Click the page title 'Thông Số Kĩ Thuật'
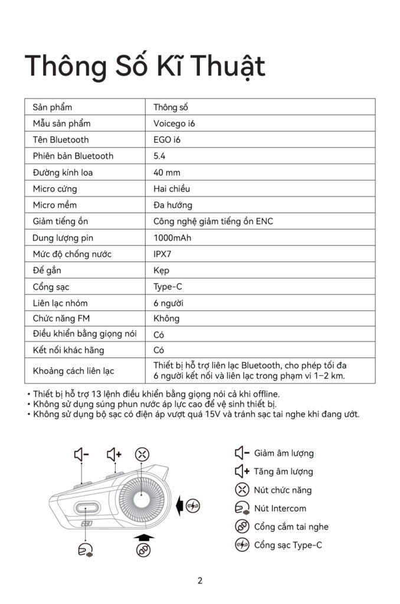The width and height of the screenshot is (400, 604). point(145,66)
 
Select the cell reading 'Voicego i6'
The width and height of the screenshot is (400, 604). point(174,123)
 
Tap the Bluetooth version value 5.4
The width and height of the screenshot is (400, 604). point(159,156)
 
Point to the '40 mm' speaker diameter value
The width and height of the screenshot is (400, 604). point(167,172)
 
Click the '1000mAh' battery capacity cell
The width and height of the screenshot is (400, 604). point(172,238)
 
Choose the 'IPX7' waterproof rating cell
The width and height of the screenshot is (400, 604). point(163,254)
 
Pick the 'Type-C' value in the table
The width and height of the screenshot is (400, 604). point(168,287)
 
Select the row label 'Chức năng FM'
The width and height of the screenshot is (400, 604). point(61,319)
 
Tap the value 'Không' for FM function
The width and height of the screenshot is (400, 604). point(166,319)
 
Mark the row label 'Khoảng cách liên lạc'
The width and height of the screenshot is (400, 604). point(73,371)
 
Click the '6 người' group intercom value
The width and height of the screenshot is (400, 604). point(168,303)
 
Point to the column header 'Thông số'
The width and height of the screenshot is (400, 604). point(171,107)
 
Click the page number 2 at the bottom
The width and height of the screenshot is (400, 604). point(200,580)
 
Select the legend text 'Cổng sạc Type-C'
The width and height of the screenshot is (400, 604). point(288,545)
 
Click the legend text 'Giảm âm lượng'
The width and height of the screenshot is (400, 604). point(283,454)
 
